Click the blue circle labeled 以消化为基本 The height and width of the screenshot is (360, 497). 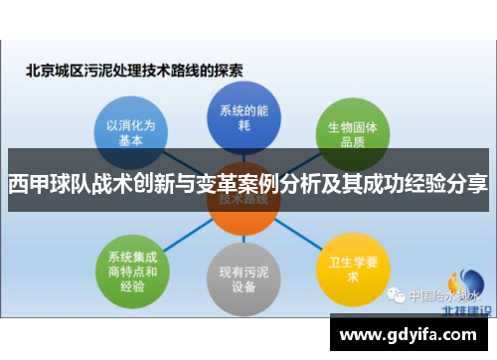[130, 133]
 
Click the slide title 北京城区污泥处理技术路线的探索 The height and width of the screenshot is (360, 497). [135, 71]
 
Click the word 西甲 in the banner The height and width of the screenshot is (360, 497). [29, 185]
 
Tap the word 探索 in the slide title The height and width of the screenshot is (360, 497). [231, 71]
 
